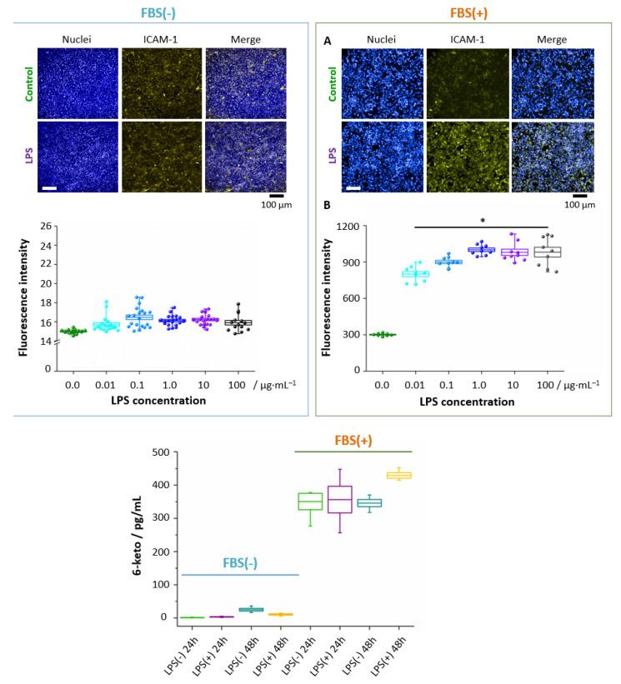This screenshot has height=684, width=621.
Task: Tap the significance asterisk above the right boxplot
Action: click(482, 222)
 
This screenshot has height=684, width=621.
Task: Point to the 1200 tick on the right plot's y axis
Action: click(347, 227)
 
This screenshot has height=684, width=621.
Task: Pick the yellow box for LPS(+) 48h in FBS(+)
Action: click(398, 475)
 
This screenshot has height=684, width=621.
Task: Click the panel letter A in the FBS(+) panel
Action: click(326, 40)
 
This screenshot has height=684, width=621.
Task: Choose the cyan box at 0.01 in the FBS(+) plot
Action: click(415, 273)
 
